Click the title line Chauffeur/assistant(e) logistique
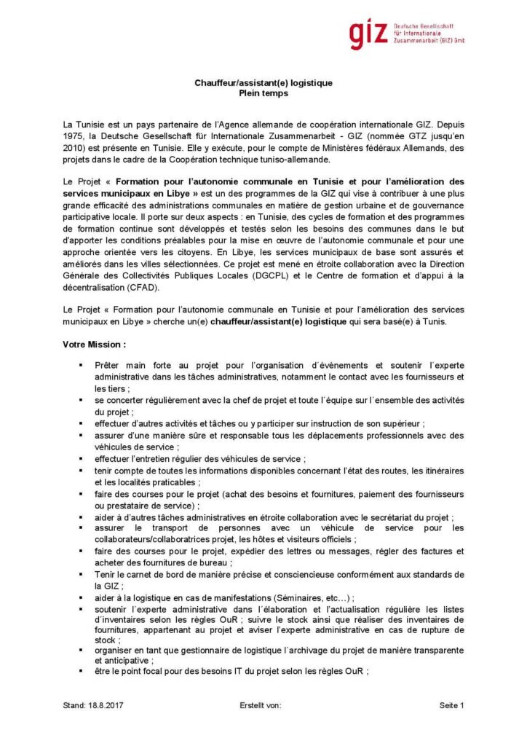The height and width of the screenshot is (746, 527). tap(263, 83)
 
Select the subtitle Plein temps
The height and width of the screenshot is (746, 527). tap(263, 93)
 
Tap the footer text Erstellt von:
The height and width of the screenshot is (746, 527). tap(260, 705)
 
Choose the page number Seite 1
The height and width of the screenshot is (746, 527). tap(451, 705)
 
